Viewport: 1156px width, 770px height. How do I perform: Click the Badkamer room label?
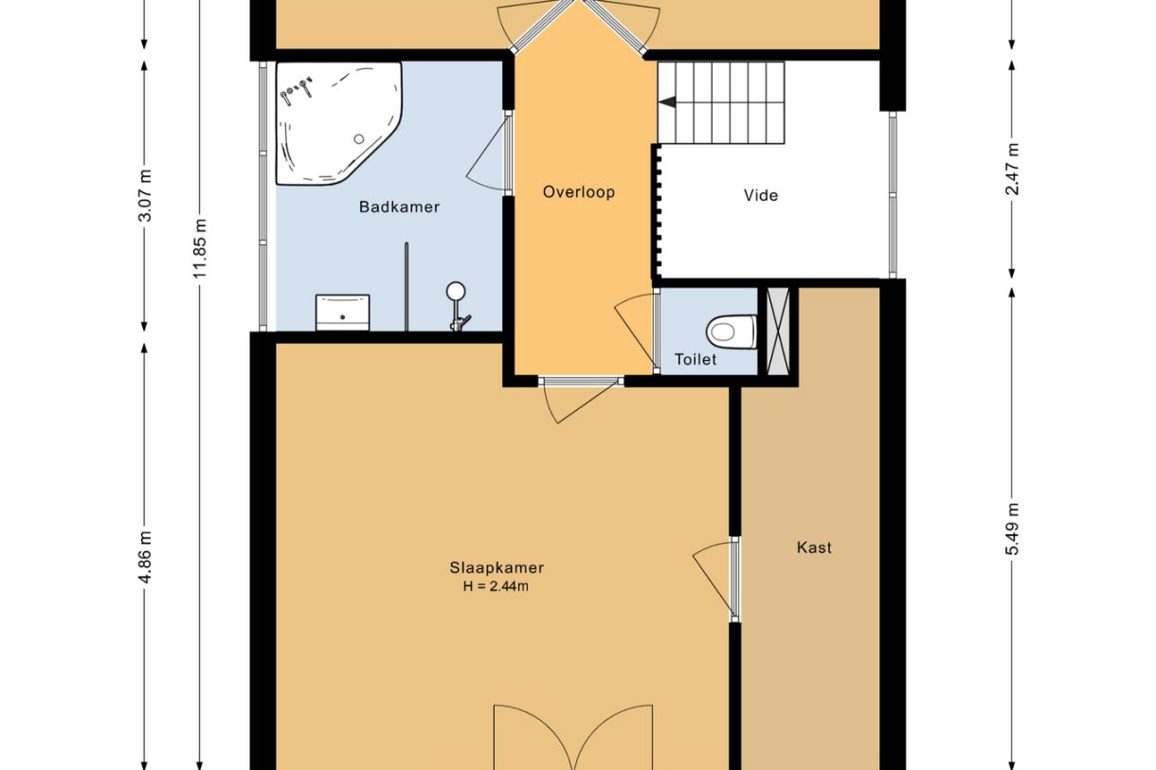click(x=399, y=207)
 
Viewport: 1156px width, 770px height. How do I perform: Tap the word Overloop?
click(x=579, y=192)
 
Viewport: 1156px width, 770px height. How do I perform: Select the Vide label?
click(x=761, y=195)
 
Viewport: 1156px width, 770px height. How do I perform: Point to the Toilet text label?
click(x=695, y=360)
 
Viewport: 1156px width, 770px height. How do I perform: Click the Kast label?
click(x=814, y=547)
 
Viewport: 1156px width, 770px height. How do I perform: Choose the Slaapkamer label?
click(x=497, y=568)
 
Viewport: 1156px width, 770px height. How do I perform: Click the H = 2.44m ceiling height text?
click(x=496, y=586)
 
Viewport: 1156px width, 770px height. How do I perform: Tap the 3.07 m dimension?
click(x=146, y=195)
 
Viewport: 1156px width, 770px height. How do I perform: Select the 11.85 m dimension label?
click(x=200, y=248)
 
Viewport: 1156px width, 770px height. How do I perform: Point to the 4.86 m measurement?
click(x=146, y=557)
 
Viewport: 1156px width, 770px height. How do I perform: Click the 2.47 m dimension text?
click(x=1013, y=170)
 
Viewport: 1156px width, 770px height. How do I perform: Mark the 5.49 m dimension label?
click(x=1013, y=529)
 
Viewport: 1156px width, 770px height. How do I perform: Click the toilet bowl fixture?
click(x=732, y=331)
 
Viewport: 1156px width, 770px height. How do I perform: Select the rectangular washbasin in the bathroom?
click(x=343, y=313)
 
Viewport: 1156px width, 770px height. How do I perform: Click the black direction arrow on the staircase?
click(x=668, y=102)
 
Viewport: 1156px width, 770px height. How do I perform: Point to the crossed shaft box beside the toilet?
click(x=778, y=331)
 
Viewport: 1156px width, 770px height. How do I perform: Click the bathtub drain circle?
click(x=359, y=138)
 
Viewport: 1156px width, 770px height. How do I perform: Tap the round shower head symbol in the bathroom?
click(x=456, y=291)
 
